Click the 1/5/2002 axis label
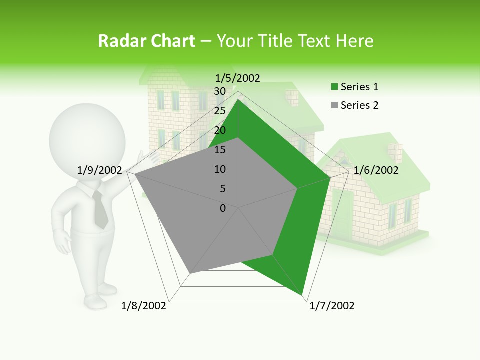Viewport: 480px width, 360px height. [x=237, y=78]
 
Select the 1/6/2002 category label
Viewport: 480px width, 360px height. [x=376, y=170]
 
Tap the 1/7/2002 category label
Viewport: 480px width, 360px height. [x=332, y=306]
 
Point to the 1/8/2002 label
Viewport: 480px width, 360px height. [x=144, y=306]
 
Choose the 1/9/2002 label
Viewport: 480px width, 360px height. [x=100, y=170]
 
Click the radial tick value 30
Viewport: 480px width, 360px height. [x=220, y=91]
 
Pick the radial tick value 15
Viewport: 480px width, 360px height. [x=220, y=150]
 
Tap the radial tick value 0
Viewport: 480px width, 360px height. [x=223, y=208]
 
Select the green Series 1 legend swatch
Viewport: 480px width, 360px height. [x=335, y=87]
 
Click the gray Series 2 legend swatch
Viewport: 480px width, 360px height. [x=335, y=105]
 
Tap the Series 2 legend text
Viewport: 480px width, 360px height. [x=359, y=105]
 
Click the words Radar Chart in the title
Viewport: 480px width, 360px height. [x=146, y=41]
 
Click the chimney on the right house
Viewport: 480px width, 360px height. [x=395, y=152]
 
